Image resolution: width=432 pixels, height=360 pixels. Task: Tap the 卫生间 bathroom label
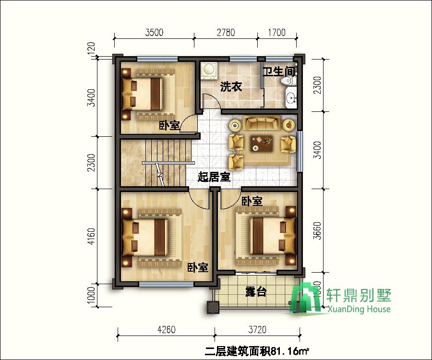(278, 72)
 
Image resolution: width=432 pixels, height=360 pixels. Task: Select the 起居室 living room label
(214, 177)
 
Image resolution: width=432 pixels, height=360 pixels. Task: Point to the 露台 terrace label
(255, 291)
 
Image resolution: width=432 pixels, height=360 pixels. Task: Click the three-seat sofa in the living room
(262, 124)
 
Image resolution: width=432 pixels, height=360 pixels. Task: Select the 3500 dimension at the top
(154, 33)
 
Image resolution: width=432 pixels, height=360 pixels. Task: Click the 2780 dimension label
(226, 33)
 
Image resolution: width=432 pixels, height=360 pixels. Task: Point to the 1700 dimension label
(276, 33)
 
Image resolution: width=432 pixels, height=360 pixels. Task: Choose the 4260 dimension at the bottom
(166, 330)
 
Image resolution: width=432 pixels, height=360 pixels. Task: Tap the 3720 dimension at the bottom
(258, 330)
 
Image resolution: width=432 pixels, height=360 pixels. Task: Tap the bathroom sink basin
(291, 99)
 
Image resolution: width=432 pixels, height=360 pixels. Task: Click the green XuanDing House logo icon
(307, 300)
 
